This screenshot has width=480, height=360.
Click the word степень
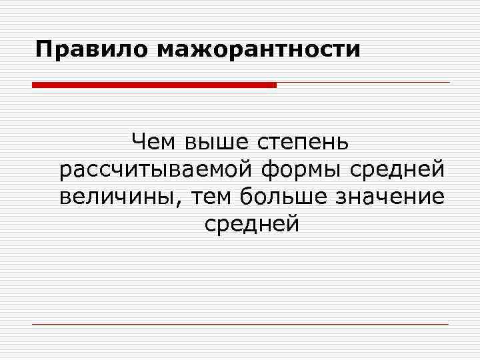[x=305, y=143]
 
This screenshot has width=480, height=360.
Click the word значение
[x=395, y=197]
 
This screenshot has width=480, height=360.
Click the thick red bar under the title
[x=154, y=85]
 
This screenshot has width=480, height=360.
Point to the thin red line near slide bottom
[x=240, y=324]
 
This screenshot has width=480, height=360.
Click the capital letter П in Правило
[x=44, y=49]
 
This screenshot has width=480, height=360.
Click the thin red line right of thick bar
[x=363, y=83]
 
